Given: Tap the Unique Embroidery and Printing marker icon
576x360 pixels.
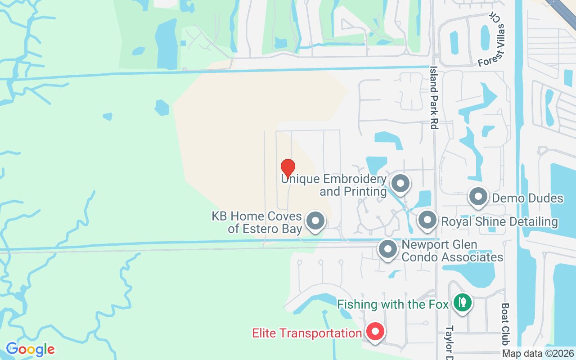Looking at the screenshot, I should click(x=400, y=184).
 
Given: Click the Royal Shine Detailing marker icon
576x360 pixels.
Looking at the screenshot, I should click(x=427, y=220).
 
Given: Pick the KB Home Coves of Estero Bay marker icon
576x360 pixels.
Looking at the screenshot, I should click(x=315, y=221).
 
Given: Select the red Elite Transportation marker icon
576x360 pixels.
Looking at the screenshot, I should click(x=375, y=332).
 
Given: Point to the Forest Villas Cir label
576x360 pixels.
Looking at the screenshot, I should click(x=492, y=40).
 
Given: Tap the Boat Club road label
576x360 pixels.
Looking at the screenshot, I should click(x=505, y=324).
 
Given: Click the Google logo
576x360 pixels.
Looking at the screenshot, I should click(x=30, y=349).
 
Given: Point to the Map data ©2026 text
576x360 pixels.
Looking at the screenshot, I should click(x=538, y=353).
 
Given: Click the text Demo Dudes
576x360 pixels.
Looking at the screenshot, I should click(x=527, y=198).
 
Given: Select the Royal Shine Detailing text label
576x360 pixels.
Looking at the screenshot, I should click(x=499, y=221).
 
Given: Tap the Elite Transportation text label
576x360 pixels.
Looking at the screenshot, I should click(x=307, y=333).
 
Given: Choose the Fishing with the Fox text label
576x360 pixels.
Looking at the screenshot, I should click(x=393, y=304).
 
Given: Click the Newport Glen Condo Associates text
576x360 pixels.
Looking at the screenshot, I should click(x=452, y=251).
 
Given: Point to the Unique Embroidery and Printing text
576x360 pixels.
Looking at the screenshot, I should click(x=334, y=185).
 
